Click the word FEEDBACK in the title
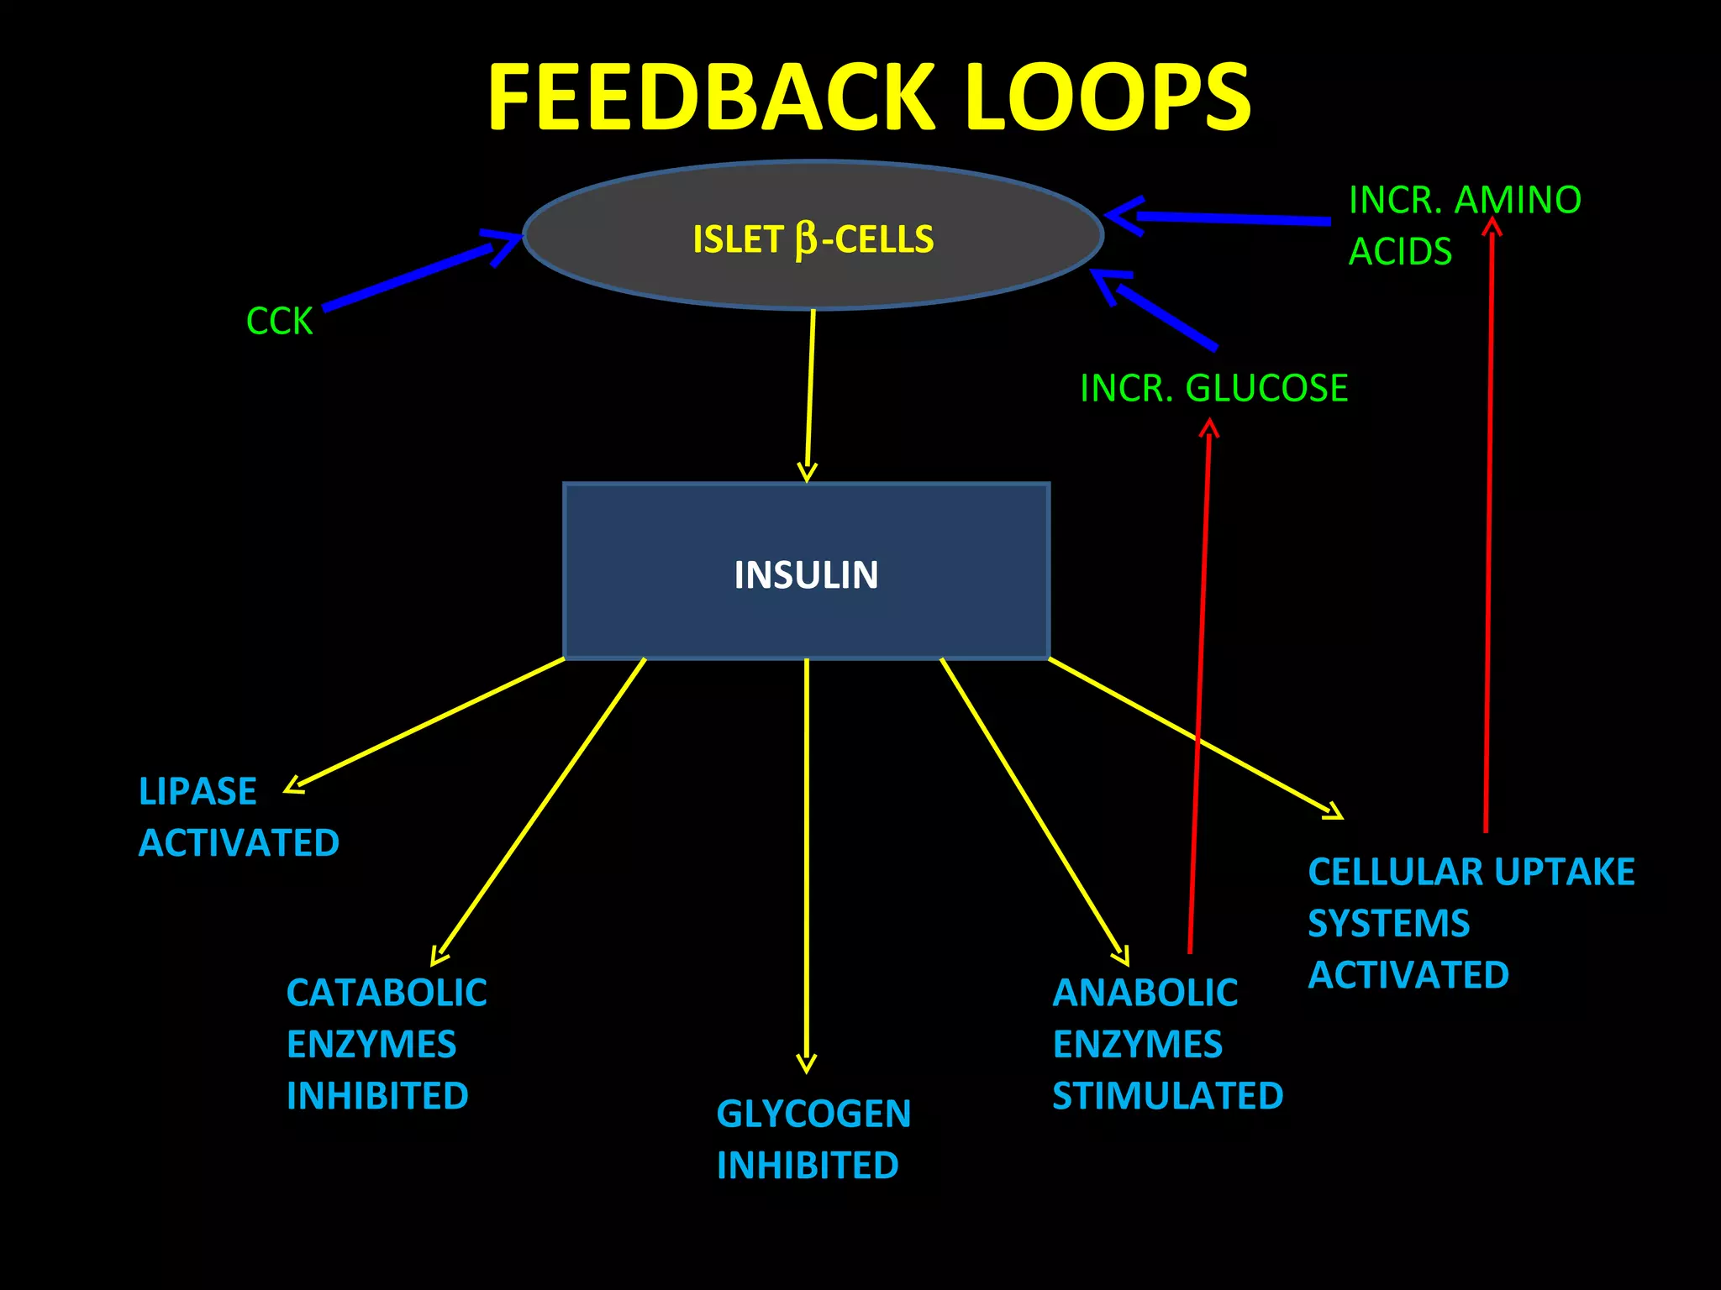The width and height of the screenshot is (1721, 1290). (x=711, y=98)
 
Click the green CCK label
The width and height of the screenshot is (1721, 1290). (x=279, y=322)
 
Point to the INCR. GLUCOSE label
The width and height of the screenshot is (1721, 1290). (x=1213, y=388)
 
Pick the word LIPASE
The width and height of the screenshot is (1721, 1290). (x=197, y=792)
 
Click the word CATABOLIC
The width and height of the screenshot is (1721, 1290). (x=387, y=993)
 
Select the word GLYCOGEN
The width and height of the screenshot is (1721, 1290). (x=813, y=1114)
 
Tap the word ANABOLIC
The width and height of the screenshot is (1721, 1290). (x=1145, y=993)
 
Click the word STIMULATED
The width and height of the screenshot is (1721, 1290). (x=1167, y=1096)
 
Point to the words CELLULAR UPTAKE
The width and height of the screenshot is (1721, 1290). (x=1471, y=872)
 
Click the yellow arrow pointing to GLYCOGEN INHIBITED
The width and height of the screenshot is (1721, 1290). (x=807, y=865)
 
